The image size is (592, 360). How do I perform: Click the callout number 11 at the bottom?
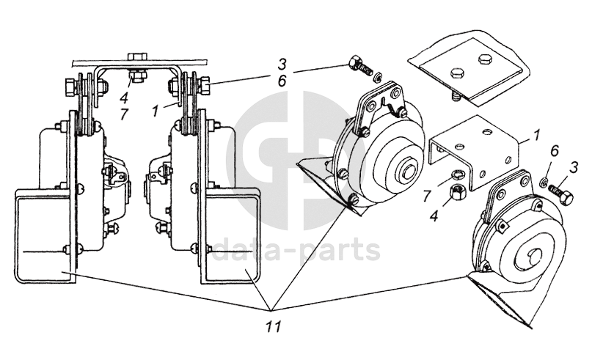pyautogui.click(x=273, y=327)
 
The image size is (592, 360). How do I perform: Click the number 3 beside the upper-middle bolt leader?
pyautogui.click(x=282, y=65)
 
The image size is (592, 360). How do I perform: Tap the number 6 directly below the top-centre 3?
pyautogui.click(x=282, y=81)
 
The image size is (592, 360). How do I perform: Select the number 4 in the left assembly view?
pyautogui.click(x=124, y=98)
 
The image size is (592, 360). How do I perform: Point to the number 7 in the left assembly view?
pyautogui.click(x=124, y=114)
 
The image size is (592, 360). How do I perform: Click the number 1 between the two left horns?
pyautogui.click(x=156, y=111)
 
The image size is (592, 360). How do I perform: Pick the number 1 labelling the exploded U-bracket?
pyautogui.click(x=537, y=136)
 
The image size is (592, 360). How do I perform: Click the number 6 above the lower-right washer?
pyautogui.click(x=554, y=151)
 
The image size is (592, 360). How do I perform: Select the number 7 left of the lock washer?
pyautogui.click(x=427, y=196)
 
